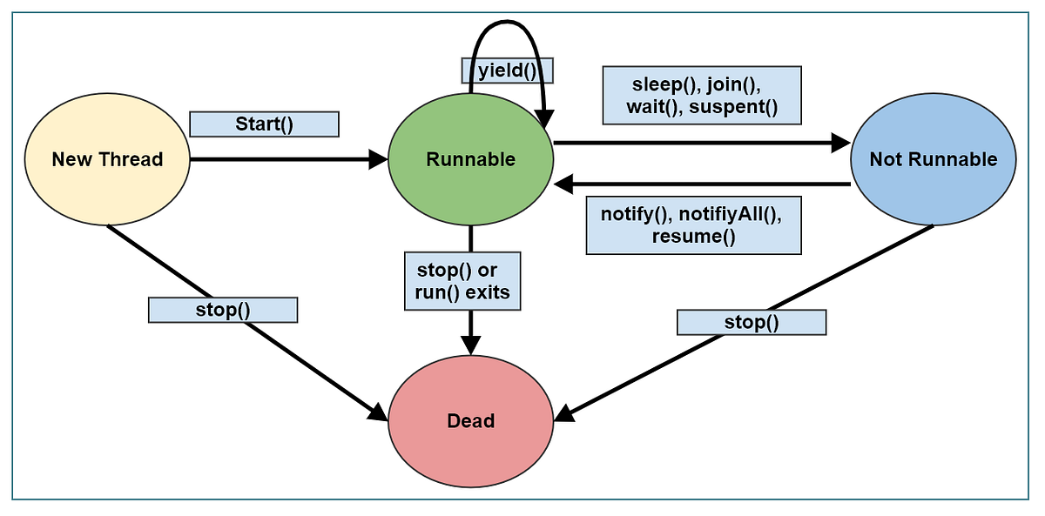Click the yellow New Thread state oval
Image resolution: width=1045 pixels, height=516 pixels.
point(107,159)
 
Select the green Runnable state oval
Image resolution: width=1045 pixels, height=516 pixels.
point(470,159)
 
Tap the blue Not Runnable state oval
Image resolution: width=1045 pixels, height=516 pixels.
point(933,159)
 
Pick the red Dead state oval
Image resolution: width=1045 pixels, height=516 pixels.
point(470,421)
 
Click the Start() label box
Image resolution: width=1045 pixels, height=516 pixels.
point(264,124)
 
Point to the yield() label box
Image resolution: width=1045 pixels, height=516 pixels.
point(506,70)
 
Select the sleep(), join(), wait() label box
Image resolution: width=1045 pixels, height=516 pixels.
point(701,96)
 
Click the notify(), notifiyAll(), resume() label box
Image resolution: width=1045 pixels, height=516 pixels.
point(693,225)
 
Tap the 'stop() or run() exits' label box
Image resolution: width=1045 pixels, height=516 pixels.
point(462,280)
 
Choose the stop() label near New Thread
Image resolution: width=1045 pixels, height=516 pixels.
point(223,310)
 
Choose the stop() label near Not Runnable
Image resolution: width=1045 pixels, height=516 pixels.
point(752,323)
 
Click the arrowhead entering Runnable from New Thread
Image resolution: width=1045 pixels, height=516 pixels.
point(379,159)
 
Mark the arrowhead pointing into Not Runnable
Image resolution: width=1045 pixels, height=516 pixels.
point(840,142)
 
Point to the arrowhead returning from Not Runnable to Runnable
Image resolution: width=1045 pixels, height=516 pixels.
point(564,184)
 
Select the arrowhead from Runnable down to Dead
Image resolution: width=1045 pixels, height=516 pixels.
point(471,345)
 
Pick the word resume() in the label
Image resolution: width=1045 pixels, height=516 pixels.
point(693,237)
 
